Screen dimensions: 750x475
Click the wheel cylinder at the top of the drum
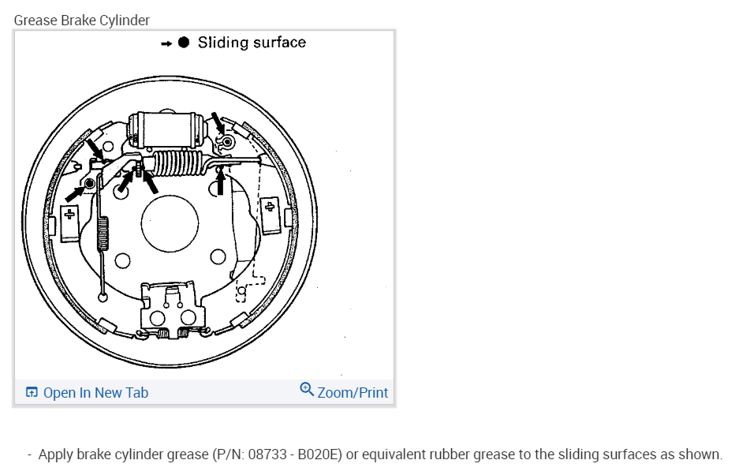pos(167,129)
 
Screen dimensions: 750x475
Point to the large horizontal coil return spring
pos(178,163)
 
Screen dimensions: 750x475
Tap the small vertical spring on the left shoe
pos(103,234)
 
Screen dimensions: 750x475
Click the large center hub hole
pos(170,223)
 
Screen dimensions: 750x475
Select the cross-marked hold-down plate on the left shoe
pos(69,223)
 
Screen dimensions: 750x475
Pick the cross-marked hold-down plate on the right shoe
pos(271,215)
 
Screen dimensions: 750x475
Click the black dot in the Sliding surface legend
pos(184,43)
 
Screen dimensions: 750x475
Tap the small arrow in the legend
pos(166,44)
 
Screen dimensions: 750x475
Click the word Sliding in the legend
pos(223,43)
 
